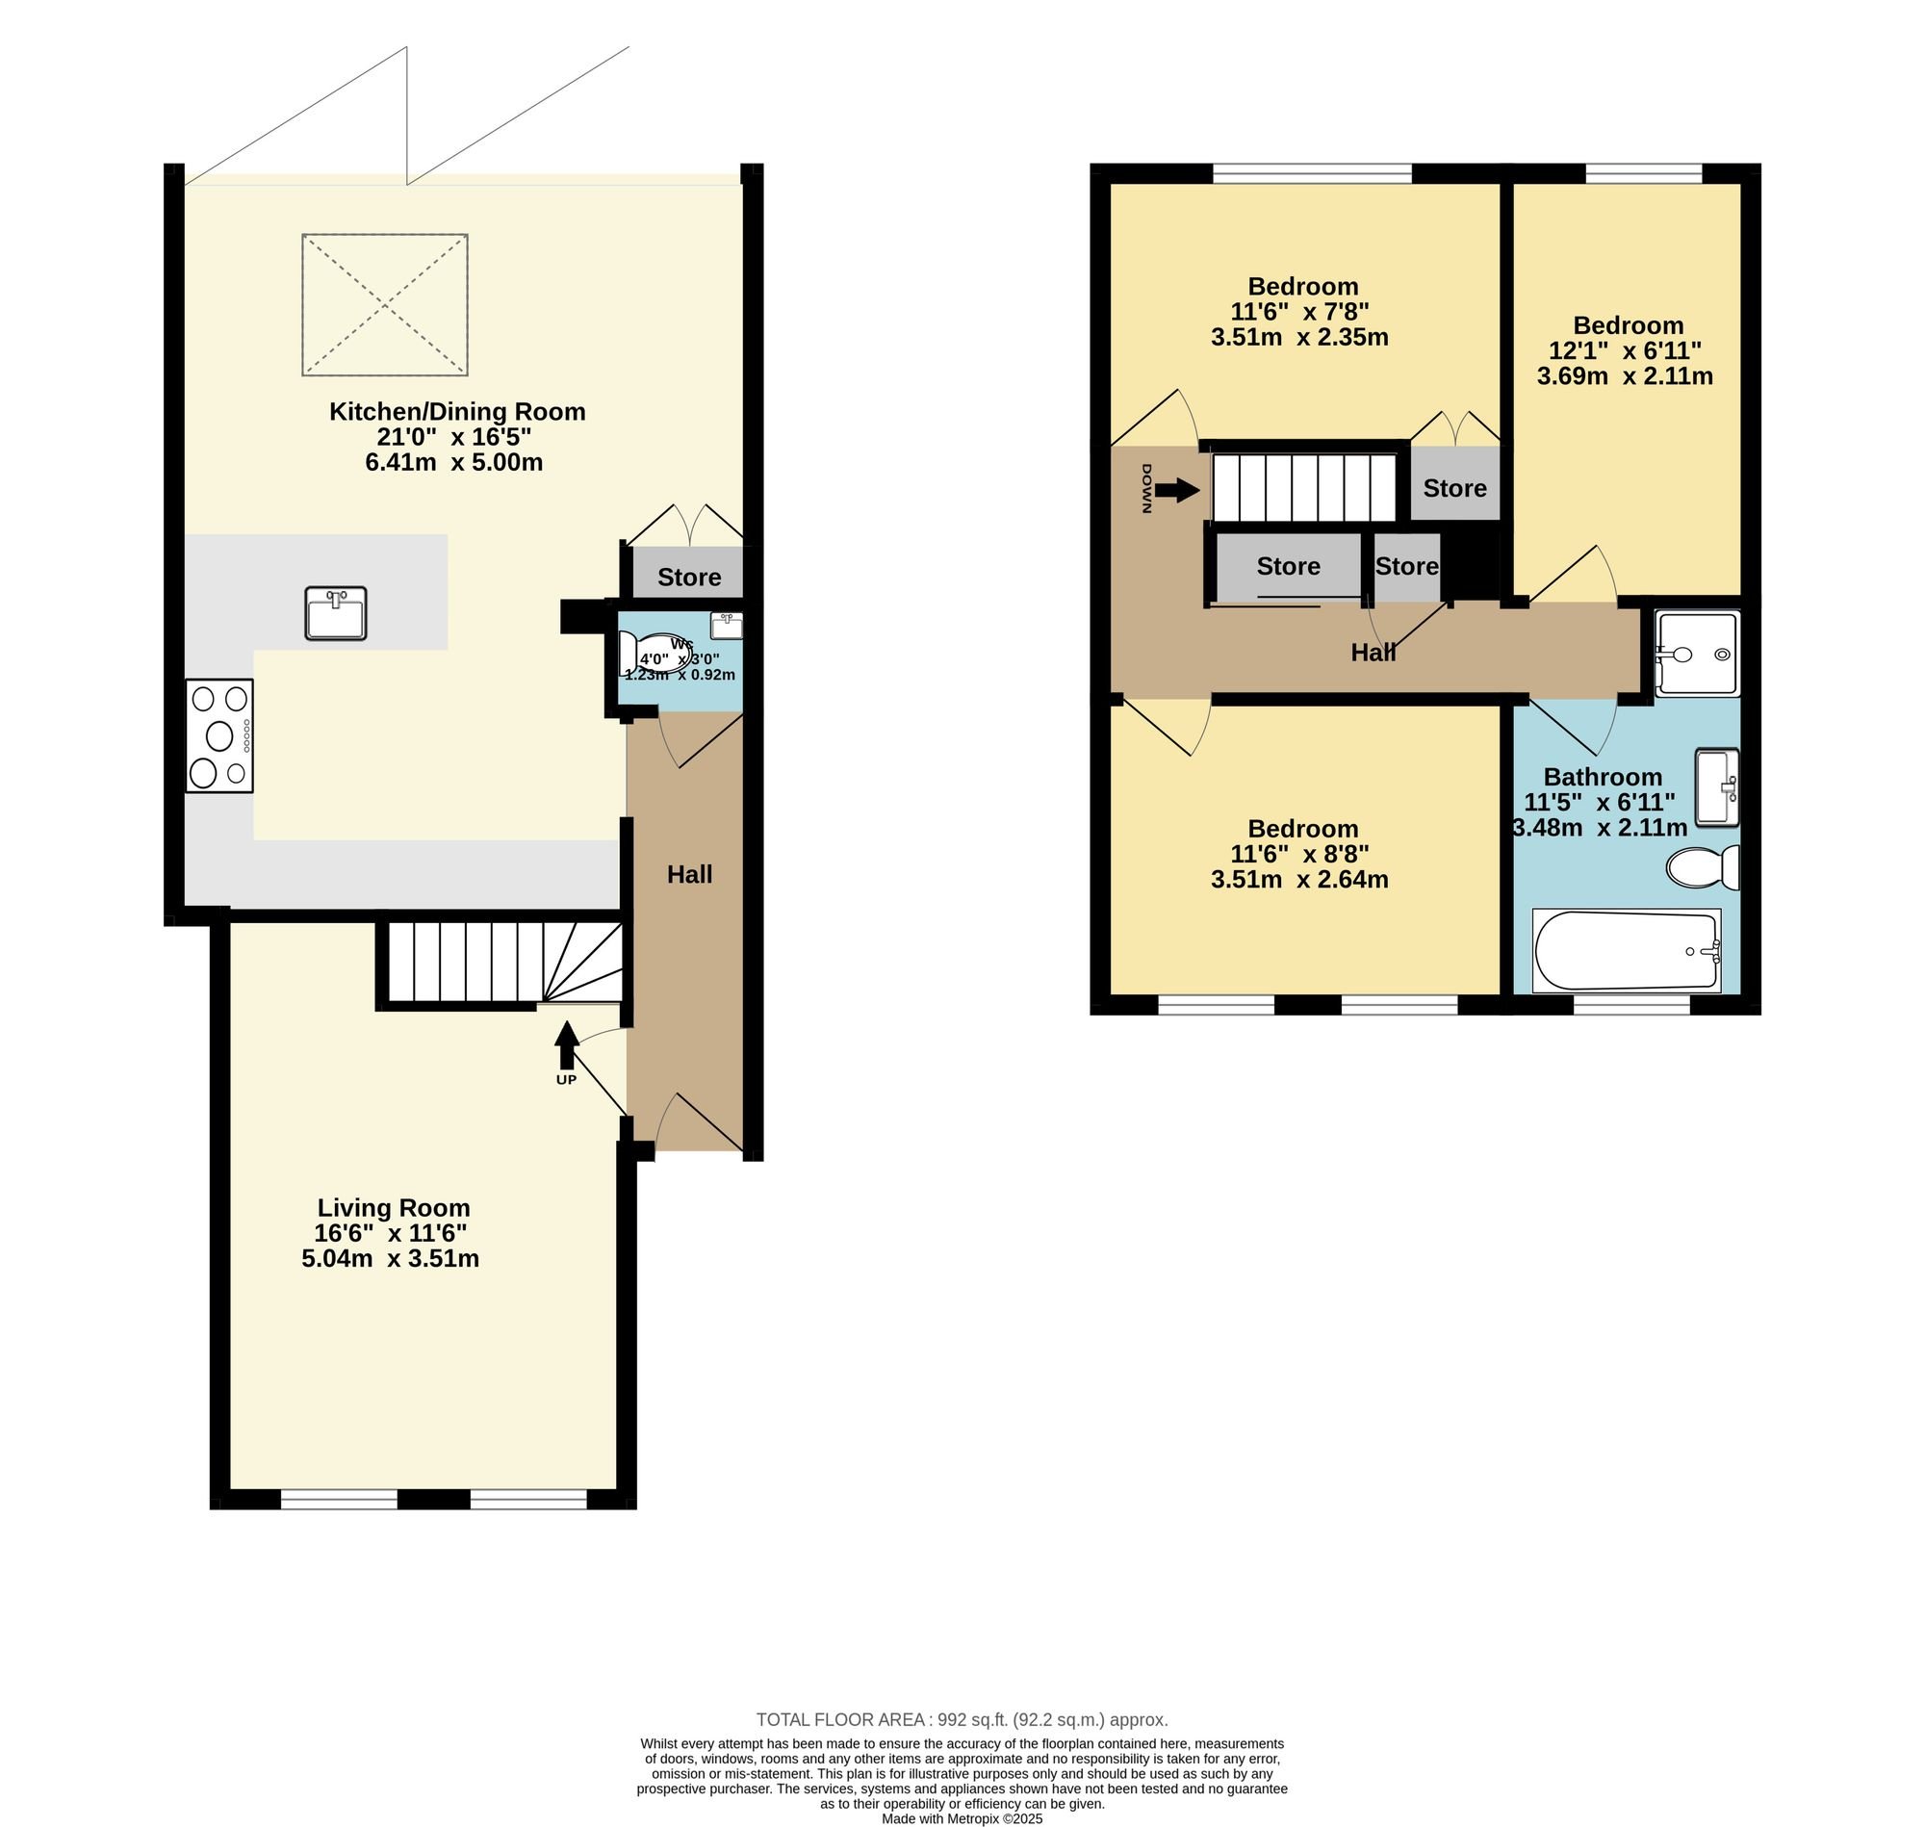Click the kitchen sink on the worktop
click(336, 613)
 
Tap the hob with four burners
click(220, 735)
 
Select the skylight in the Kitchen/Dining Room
click(385, 305)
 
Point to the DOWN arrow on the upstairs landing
click(1178, 490)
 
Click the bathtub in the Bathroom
click(1627, 950)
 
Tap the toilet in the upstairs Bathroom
click(1703, 866)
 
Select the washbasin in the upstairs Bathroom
click(1717, 786)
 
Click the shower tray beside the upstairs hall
click(1695, 654)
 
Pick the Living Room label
click(394, 1209)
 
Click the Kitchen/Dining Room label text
click(456, 411)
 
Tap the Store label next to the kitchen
click(688, 577)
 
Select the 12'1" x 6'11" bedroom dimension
click(1625, 350)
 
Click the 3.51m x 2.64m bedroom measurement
click(1299, 880)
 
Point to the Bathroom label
click(1603, 777)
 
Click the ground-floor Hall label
click(689, 875)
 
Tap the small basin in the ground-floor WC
click(726, 626)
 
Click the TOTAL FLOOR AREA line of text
click(962, 1719)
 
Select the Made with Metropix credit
click(962, 1818)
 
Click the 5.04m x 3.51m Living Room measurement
click(391, 1258)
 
